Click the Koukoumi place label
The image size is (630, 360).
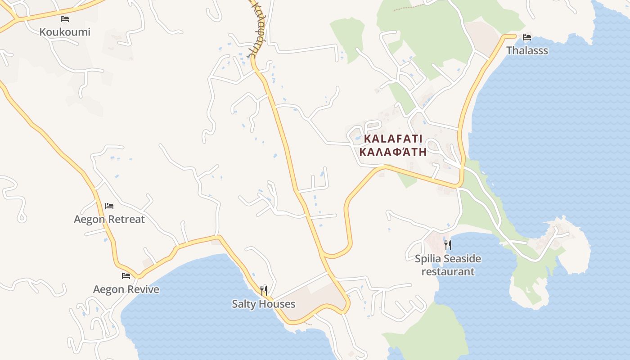[65, 32]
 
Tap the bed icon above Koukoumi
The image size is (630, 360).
[65, 19]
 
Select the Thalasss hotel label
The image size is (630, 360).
[527, 50]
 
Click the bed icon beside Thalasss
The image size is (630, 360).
[527, 37]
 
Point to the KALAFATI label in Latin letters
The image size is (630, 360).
[393, 139]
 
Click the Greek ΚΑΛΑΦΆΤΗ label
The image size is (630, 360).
[393, 152]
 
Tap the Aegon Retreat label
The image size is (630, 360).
[109, 219]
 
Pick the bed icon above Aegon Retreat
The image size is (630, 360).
[109, 206]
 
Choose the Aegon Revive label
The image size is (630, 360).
[126, 289]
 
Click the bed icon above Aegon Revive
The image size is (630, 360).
[126, 276]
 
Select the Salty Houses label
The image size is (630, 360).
[264, 304]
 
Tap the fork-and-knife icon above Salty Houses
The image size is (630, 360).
[264, 290]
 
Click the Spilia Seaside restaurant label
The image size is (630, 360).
[448, 265]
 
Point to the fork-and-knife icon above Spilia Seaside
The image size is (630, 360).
[448, 245]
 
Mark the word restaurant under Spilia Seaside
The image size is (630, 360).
[448, 272]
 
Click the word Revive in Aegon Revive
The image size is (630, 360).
[143, 289]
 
